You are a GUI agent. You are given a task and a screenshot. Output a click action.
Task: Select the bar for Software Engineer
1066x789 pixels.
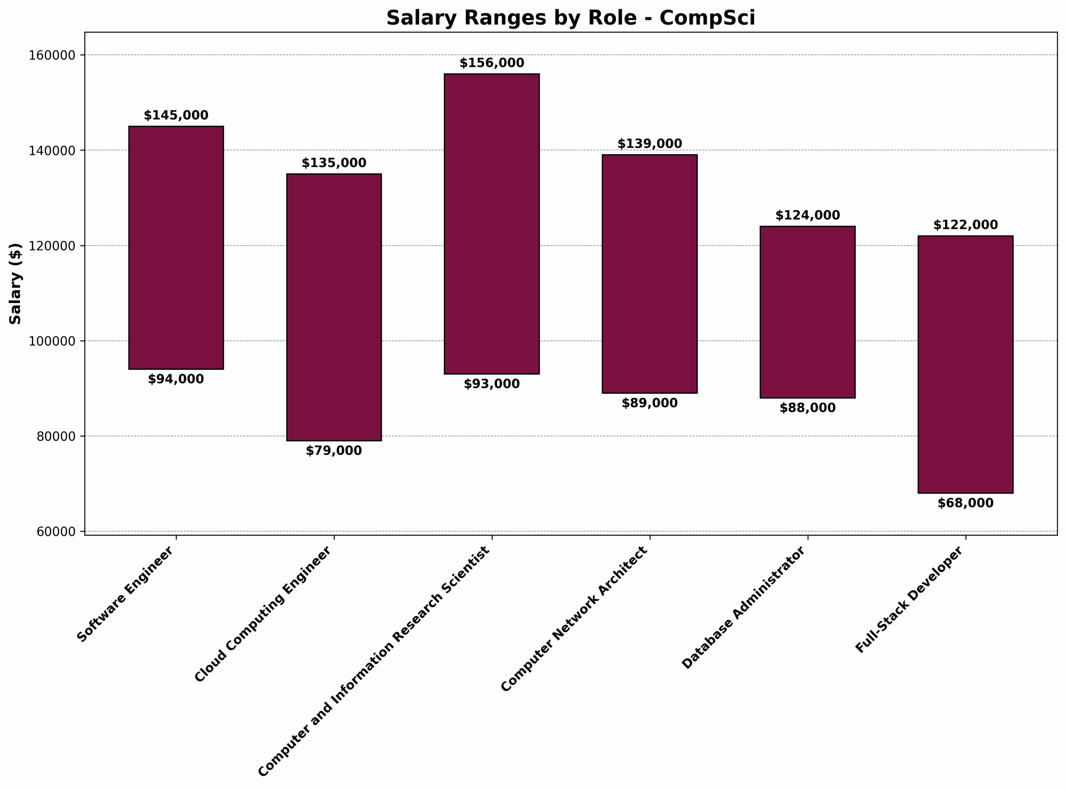[x=176, y=248]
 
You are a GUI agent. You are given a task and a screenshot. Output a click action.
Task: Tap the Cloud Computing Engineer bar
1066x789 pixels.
[x=334, y=307]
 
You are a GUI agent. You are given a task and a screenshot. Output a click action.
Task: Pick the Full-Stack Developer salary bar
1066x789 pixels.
[x=965, y=364]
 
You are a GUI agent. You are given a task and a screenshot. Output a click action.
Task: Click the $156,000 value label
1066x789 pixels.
[x=491, y=63]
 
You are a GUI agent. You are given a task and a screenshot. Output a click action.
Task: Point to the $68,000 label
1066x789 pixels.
[x=965, y=503]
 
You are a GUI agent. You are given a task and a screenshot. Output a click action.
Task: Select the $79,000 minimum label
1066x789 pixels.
[x=334, y=451]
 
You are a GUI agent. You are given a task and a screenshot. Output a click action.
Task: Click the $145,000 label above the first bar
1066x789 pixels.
[x=176, y=115]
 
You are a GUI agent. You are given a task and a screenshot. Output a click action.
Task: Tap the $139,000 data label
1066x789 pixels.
[x=650, y=144]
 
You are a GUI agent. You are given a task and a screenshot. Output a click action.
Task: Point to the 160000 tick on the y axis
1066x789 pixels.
[x=52, y=55]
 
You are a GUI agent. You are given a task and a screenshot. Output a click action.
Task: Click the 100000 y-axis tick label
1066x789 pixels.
[x=52, y=341]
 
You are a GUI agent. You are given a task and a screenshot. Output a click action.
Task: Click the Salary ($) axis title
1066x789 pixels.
[x=15, y=284]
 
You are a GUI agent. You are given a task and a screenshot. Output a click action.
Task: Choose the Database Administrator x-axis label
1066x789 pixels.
[x=743, y=608]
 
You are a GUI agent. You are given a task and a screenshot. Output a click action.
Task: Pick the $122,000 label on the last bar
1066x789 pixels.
[x=965, y=225]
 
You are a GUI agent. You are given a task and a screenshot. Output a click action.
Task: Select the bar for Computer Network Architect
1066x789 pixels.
[x=650, y=274]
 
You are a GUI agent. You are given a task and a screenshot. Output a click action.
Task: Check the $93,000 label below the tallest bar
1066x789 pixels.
[x=491, y=384]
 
